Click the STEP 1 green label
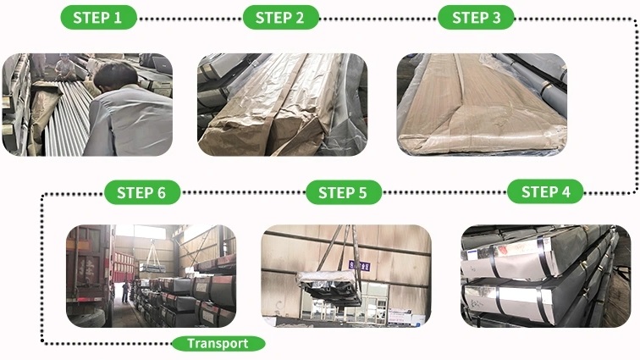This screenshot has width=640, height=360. (x=98, y=18)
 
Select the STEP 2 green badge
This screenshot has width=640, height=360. (x=280, y=18)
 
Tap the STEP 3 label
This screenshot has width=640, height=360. (x=476, y=18)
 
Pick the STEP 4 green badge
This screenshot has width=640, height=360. (x=545, y=191)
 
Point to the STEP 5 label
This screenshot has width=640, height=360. (x=343, y=192)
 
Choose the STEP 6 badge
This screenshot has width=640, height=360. (x=142, y=192)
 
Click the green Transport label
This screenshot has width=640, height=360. (x=218, y=344)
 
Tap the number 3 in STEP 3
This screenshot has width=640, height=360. (x=496, y=18)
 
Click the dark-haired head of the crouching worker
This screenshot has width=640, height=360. (x=115, y=75)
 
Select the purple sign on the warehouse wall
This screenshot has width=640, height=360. (x=360, y=266)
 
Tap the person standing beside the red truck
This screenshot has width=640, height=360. (x=125, y=291)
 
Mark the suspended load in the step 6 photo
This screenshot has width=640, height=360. (x=152, y=268)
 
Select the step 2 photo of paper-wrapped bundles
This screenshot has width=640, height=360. (x=283, y=104)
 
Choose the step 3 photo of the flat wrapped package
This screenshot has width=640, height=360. (x=482, y=104)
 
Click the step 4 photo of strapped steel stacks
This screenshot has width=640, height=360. (x=546, y=276)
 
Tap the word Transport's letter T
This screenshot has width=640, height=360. (x=190, y=343)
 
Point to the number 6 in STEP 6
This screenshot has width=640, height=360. (x=162, y=193)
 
